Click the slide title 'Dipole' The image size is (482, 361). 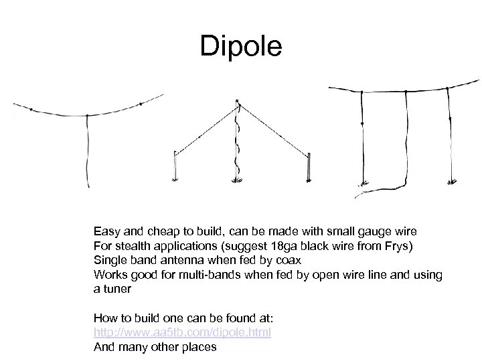(x=242, y=47)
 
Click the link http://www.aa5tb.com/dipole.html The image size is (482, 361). (x=182, y=332)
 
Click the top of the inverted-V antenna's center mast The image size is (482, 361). (x=236, y=102)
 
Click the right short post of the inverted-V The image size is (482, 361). (x=309, y=165)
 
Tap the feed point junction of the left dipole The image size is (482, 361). (x=87, y=116)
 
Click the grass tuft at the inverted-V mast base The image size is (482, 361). (x=237, y=180)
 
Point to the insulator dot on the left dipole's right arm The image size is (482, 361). (x=141, y=104)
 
